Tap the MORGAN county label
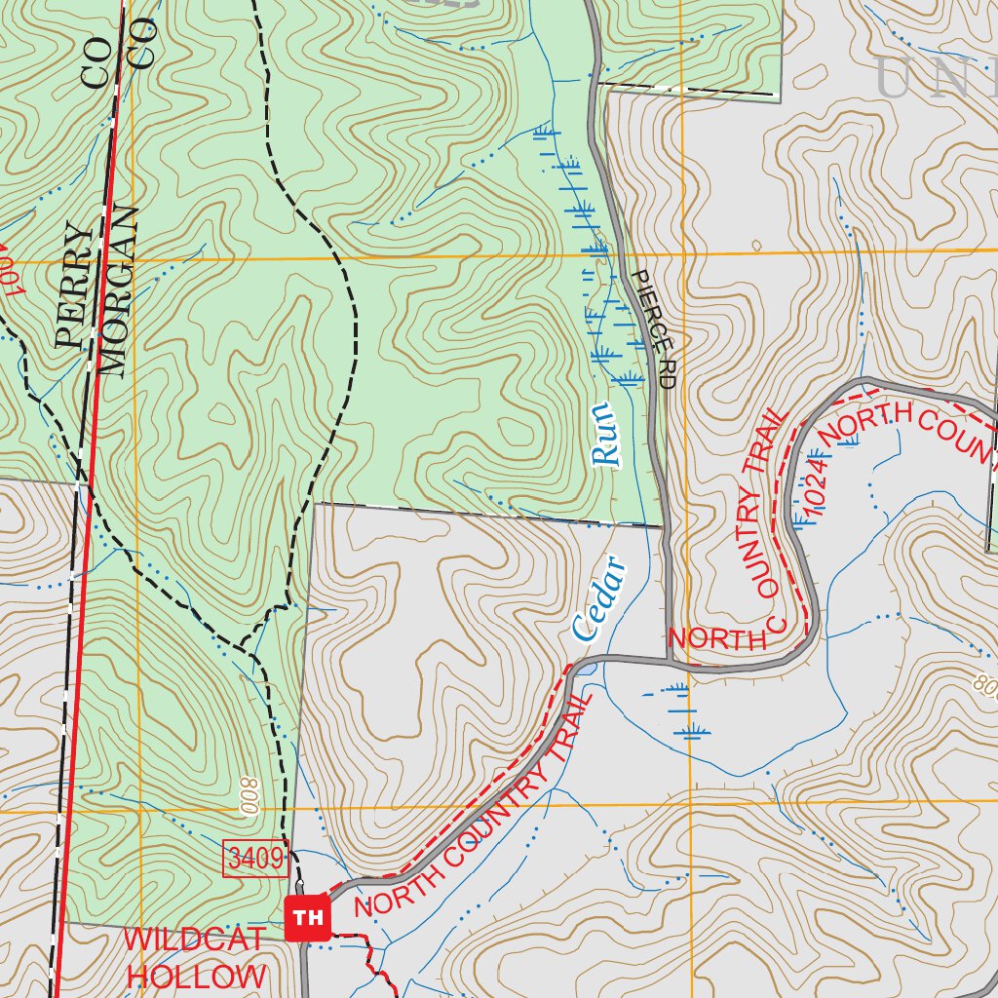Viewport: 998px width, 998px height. point(117,293)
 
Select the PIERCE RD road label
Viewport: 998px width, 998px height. point(653,330)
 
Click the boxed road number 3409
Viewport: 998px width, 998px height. point(256,859)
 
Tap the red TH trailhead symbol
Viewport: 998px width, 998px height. point(308,917)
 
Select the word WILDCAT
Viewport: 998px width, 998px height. point(194,940)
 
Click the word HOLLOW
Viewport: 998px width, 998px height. point(196,976)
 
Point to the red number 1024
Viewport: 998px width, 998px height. point(816,487)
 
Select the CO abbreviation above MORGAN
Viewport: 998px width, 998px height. point(143,44)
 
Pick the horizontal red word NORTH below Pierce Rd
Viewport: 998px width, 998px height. point(717,639)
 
